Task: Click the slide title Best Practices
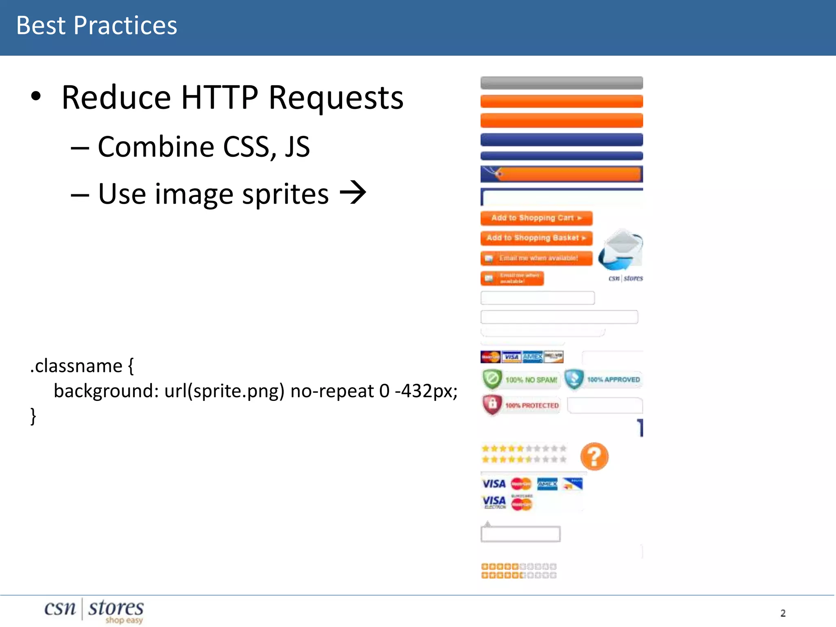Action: point(97,26)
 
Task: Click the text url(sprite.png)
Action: point(224,391)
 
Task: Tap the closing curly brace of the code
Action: point(33,416)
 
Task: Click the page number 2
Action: point(783,613)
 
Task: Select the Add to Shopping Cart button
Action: point(536,218)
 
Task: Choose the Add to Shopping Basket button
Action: point(536,238)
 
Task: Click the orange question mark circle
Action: point(594,456)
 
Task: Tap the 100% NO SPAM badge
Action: point(521,380)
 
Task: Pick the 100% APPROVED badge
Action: point(603,380)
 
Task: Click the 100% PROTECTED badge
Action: point(521,405)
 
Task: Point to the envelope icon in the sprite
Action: point(621,249)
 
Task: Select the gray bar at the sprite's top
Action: point(561,82)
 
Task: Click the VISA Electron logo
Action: point(494,502)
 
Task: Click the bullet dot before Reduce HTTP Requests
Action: point(36,96)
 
